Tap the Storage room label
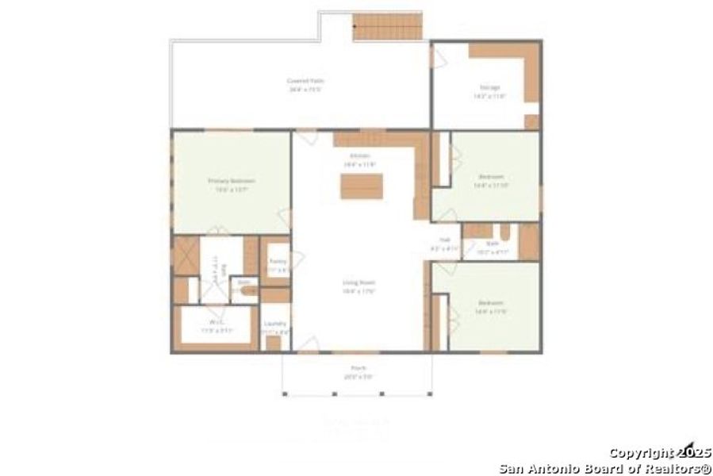click(489, 86)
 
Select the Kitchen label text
click(359, 156)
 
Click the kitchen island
click(362, 186)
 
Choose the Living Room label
click(358, 282)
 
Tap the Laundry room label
click(275, 323)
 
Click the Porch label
click(358, 368)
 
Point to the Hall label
click(444, 240)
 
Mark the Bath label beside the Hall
click(492, 244)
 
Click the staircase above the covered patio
click(387, 28)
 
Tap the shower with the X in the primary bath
click(186, 255)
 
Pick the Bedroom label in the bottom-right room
click(490, 303)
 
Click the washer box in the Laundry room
click(274, 343)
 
